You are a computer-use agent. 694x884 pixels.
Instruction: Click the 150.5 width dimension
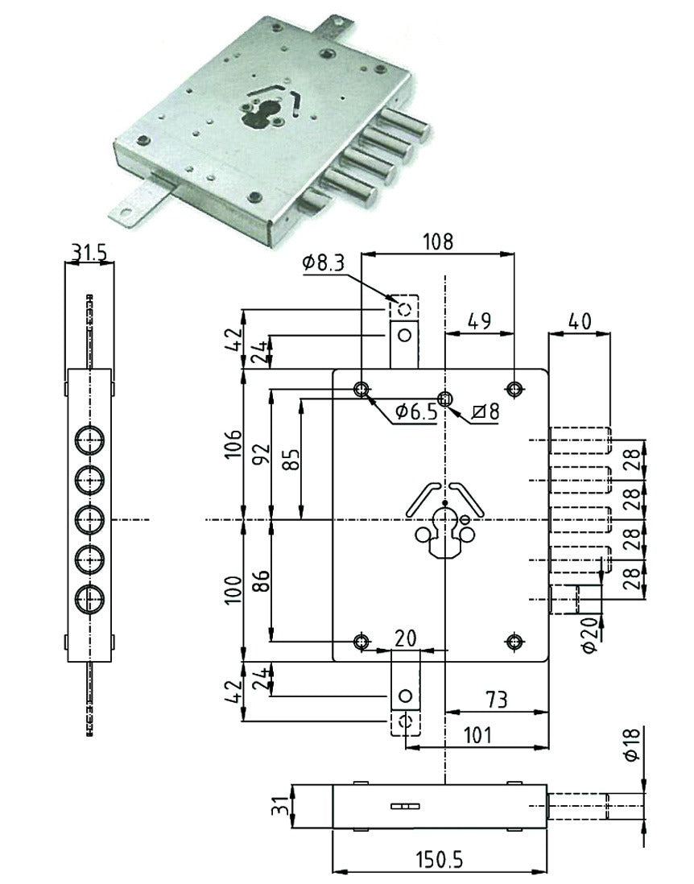[x=439, y=861]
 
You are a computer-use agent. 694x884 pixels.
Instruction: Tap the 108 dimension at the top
[x=438, y=242]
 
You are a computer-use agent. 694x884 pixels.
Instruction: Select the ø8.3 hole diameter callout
[x=323, y=263]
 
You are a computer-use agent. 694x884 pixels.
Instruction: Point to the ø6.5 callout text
[x=416, y=412]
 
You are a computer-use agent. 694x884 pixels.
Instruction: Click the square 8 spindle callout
[x=485, y=411]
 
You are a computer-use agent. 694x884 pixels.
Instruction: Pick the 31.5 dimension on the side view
[x=89, y=252]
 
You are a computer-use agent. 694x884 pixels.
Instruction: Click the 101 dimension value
[x=477, y=735]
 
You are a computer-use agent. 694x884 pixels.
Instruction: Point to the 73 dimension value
[x=496, y=700]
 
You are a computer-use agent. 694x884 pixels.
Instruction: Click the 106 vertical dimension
[x=233, y=444]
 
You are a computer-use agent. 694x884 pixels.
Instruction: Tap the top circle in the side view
[x=89, y=440]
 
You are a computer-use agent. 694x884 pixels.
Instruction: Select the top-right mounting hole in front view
[x=514, y=388]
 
